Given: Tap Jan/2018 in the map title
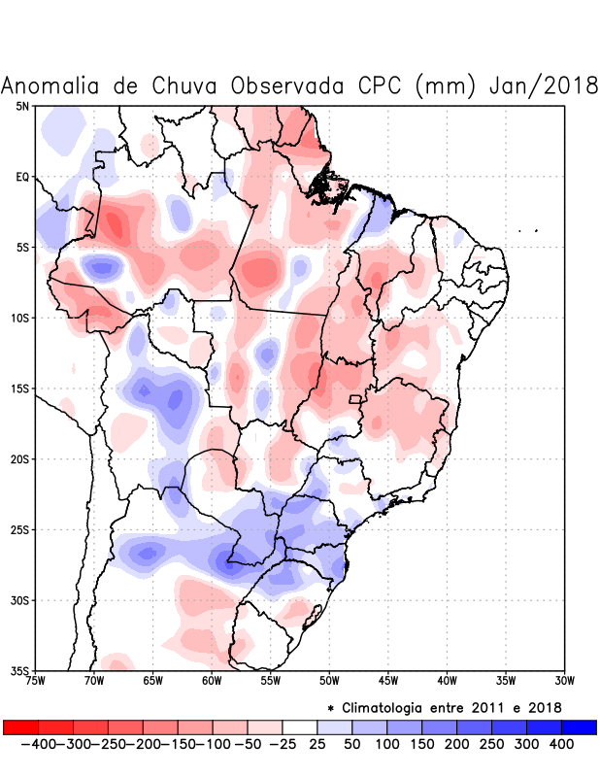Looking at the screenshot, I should (x=544, y=85).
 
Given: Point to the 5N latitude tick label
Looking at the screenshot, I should (x=22, y=106).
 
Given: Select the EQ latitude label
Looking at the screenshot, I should (x=22, y=177).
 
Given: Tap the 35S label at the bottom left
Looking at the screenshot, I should (x=19, y=670).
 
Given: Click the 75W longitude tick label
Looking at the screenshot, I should (x=36, y=680).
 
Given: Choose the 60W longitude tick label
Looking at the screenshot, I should (x=212, y=680).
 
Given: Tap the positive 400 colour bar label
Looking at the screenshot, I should (x=560, y=744).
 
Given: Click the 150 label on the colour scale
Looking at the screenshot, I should (x=420, y=744).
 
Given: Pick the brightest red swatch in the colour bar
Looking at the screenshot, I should (x=20, y=726).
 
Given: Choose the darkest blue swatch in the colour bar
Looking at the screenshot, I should (x=579, y=726).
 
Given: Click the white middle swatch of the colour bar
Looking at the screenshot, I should (x=299, y=726).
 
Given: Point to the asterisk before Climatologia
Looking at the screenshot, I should (x=330, y=708).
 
